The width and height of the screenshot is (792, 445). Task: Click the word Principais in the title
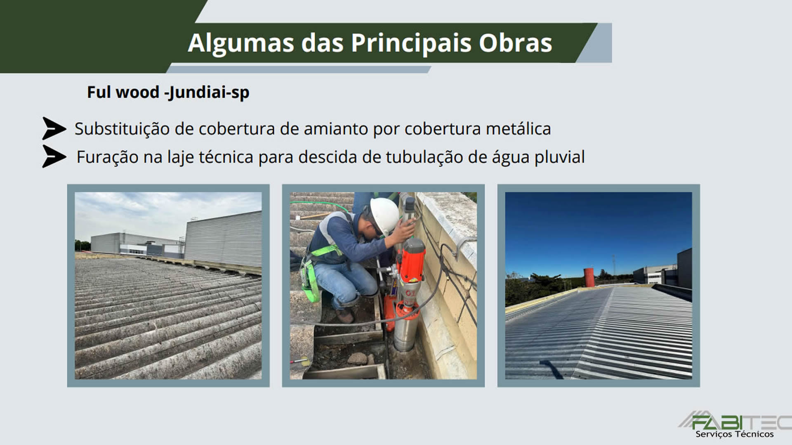coord(411,43)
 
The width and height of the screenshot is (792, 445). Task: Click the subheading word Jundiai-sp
coord(207,92)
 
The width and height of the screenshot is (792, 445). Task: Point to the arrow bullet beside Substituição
coord(54,128)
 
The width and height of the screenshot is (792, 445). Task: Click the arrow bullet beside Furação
coord(54,156)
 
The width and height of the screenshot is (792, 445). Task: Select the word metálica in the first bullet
coord(518,129)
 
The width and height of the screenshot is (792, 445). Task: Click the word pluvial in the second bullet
coord(560,157)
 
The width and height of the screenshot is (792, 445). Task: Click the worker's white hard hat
coord(384,215)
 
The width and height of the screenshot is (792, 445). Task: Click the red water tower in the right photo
coord(589,277)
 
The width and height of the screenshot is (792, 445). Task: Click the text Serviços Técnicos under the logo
coord(735,434)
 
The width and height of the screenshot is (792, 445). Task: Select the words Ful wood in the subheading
coord(123,92)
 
